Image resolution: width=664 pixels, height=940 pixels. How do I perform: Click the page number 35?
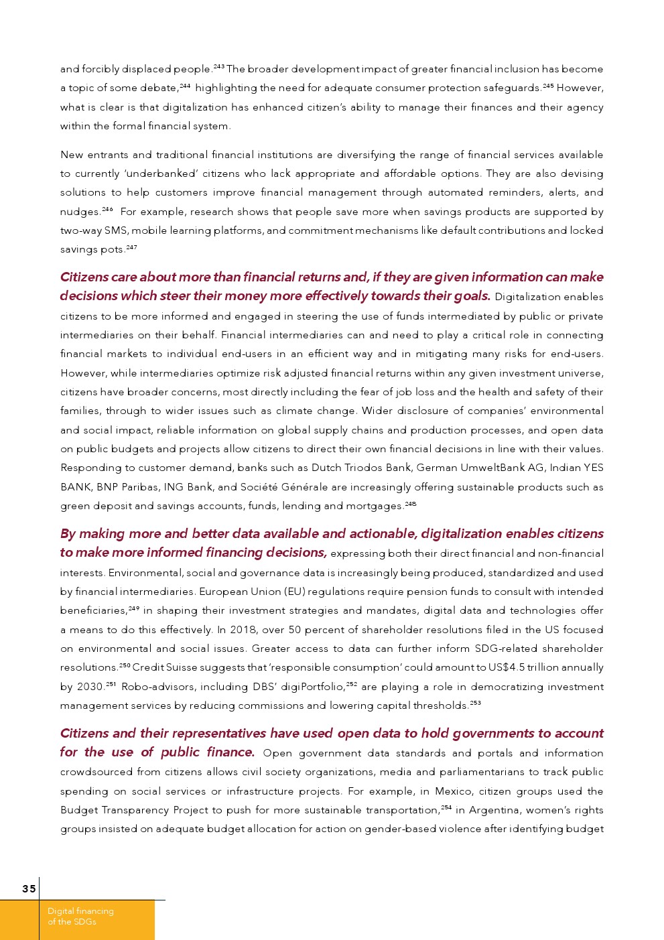point(29,889)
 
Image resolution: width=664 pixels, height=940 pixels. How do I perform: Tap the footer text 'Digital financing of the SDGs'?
point(80,916)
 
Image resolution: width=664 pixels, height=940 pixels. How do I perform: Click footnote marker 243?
point(218,66)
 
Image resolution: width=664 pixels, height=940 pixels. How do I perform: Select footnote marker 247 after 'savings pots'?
point(131,247)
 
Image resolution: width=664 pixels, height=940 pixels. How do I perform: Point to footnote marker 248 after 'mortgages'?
point(411,504)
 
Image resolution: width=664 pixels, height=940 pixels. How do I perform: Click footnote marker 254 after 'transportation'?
point(446,807)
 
